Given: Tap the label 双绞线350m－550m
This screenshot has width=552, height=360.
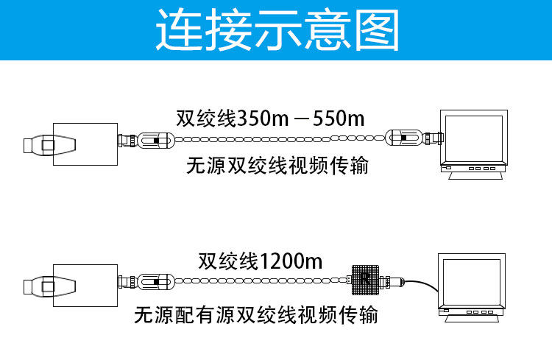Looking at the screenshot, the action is (270, 118).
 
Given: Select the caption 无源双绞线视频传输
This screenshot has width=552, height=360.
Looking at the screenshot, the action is (276, 166).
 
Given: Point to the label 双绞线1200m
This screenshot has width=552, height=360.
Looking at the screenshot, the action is (260, 261).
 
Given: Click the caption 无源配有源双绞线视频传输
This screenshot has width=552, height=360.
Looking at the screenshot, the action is (255, 316).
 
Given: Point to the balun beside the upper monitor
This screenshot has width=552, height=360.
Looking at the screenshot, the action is (408, 138).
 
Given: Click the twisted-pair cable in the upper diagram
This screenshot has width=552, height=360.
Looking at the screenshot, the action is (280, 138).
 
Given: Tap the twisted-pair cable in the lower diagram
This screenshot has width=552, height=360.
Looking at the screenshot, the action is (258, 280).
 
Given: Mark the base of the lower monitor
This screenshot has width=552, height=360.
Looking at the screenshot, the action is (471, 311).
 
